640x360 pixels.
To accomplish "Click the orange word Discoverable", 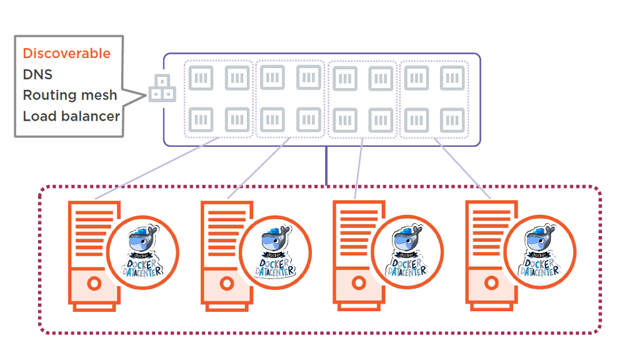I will click(x=66, y=54).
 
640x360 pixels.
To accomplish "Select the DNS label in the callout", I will click(x=37, y=74).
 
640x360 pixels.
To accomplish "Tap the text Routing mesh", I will click(x=70, y=95).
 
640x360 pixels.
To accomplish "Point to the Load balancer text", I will click(x=71, y=116).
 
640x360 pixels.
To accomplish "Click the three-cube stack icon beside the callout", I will click(x=162, y=89).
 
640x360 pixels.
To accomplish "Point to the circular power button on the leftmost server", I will click(x=94, y=284).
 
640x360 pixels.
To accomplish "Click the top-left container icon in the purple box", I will click(x=201, y=78).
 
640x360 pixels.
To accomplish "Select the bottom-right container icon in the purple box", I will click(x=452, y=119).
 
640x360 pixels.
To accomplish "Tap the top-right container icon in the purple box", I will click(x=452, y=78).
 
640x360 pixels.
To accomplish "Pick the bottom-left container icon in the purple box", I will click(x=201, y=119).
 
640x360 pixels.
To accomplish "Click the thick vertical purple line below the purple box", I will click(x=326, y=166).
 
